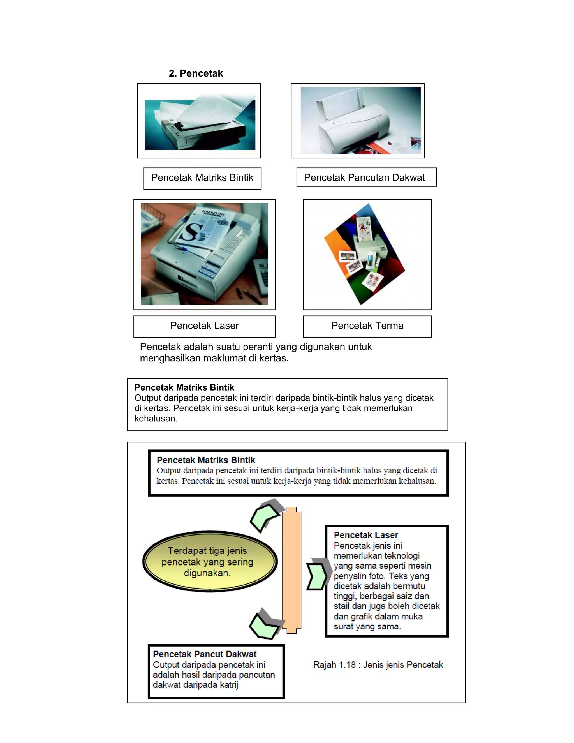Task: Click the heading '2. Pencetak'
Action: pos(196,73)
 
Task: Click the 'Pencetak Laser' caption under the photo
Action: pos(204,326)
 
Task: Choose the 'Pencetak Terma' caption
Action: pos(367,326)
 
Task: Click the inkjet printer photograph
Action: pos(360,121)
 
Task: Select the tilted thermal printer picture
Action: pos(365,254)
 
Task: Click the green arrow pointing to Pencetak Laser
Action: pos(317,576)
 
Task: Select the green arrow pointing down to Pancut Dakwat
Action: pos(265,625)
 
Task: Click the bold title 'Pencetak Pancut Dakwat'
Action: pos(204,654)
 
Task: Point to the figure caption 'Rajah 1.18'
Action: pos(378,665)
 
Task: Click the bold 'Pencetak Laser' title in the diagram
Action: pos(365,535)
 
